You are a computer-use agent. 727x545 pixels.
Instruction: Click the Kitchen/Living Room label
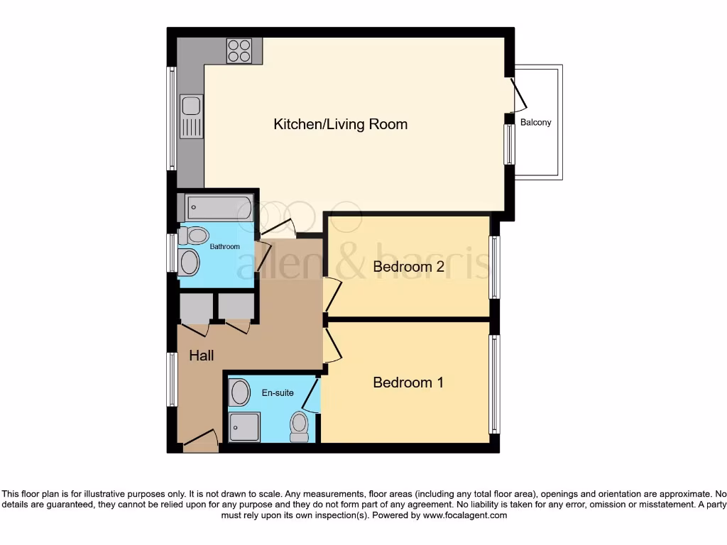tap(341, 124)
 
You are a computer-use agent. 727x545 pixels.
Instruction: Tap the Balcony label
tap(535, 122)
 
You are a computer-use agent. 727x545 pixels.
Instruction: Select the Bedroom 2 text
tap(408, 267)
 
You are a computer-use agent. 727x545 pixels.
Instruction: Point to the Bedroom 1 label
tap(408, 382)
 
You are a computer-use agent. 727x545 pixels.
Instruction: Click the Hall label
tap(202, 356)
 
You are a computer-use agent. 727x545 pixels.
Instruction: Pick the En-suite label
tap(278, 392)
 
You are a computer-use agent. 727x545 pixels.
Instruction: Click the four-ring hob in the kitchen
tap(239, 50)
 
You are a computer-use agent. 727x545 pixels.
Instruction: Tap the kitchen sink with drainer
tap(191, 116)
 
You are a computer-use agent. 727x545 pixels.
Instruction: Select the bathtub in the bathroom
tap(219, 208)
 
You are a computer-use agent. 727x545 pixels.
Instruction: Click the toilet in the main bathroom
tap(194, 236)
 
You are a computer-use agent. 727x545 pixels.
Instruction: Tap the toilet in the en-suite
tap(300, 426)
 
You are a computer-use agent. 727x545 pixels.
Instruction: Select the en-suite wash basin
tap(240, 392)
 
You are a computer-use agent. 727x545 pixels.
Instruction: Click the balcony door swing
tap(519, 95)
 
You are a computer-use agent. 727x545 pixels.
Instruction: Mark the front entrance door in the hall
tap(200, 441)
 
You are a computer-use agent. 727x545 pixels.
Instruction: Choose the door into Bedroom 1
tap(332, 347)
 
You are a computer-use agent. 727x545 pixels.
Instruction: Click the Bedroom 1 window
tap(494, 384)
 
